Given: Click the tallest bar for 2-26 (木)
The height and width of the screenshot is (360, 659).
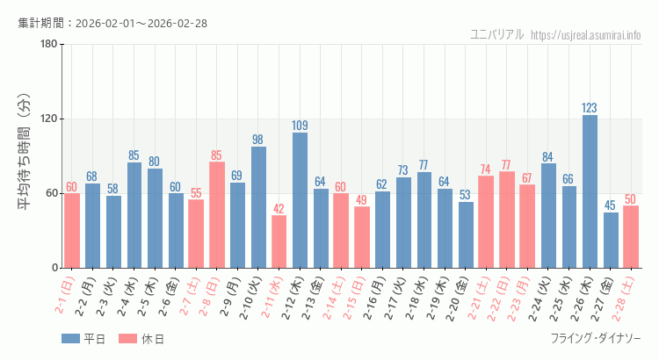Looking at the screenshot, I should (x=590, y=191).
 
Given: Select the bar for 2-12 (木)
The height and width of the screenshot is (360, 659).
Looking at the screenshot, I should (x=300, y=200).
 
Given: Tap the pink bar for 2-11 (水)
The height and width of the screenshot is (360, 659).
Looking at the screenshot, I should (x=279, y=241).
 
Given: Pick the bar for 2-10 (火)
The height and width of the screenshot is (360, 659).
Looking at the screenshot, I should (x=258, y=207).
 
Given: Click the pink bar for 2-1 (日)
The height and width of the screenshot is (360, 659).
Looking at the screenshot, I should (x=71, y=230).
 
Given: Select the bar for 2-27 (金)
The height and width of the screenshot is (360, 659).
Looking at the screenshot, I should (x=611, y=240).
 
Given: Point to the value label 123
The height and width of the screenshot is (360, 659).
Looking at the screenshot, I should (x=590, y=108).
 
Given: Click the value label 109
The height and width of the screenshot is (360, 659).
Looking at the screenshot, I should (x=300, y=126).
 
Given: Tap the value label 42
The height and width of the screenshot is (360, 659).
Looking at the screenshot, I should (x=279, y=209).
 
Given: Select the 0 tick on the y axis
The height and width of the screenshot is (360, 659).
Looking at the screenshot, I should (x=54, y=268).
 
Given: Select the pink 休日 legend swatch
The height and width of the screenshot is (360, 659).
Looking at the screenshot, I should (x=127, y=339).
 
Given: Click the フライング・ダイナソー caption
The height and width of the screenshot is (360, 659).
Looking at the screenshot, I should (x=595, y=339).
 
